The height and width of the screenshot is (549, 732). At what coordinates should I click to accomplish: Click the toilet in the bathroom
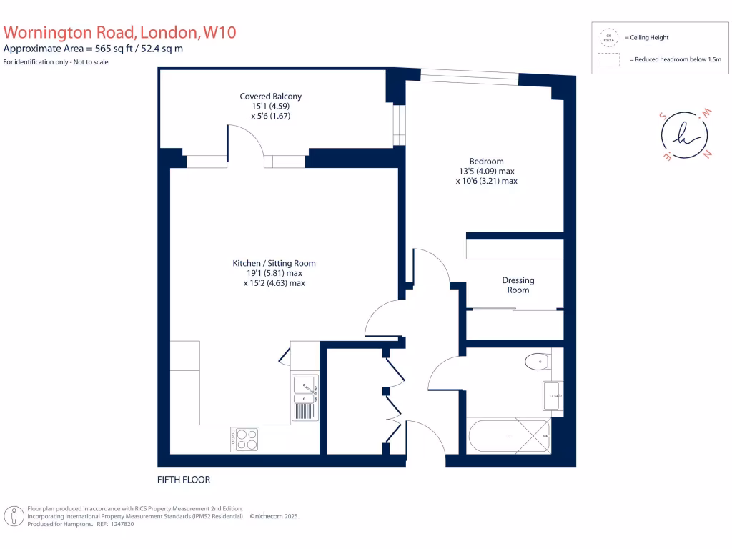[535, 362]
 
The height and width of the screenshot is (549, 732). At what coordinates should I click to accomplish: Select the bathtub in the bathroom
[508, 435]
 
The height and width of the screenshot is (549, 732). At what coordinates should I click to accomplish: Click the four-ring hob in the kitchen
[244, 439]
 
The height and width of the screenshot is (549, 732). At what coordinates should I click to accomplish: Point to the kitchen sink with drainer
[305, 397]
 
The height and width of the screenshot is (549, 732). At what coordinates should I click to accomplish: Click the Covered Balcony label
[270, 97]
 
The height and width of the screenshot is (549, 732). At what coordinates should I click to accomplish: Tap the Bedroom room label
[486, 162]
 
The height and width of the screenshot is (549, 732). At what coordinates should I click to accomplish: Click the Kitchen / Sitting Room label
[274, 263]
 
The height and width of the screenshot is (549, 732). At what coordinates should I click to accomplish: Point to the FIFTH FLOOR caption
[184, 480]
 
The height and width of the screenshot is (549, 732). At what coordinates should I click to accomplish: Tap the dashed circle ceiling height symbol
[609, 37]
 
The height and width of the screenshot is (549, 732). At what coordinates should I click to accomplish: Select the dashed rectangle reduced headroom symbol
[609, 60]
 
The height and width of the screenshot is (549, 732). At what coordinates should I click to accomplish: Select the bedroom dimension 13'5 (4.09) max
[486, 172]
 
